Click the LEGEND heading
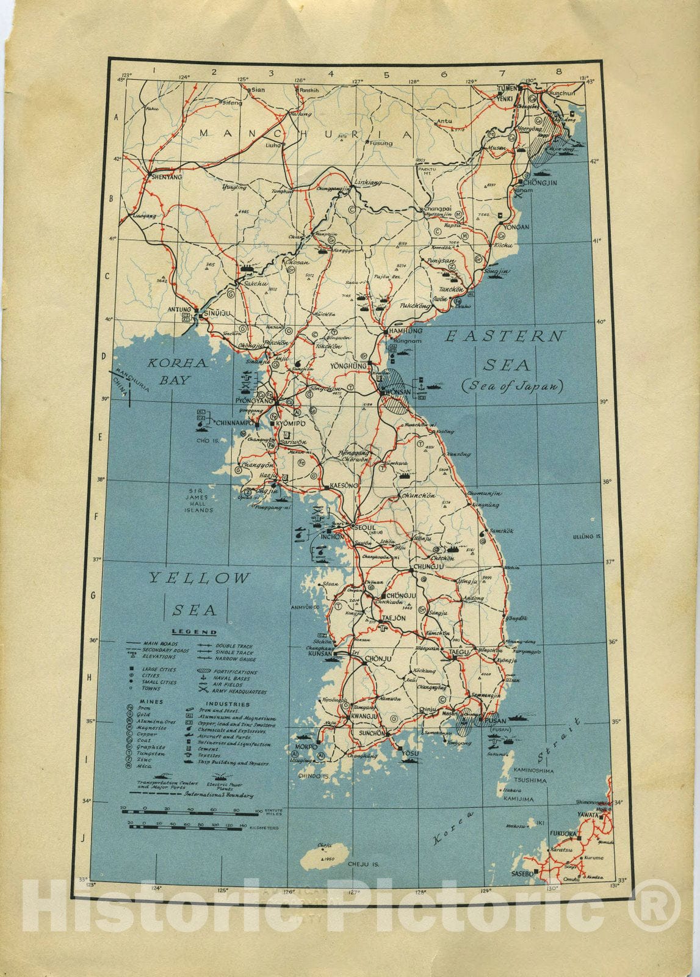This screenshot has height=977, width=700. click(x=194, y=632)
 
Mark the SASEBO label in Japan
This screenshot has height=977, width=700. click(x=522, y=874)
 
